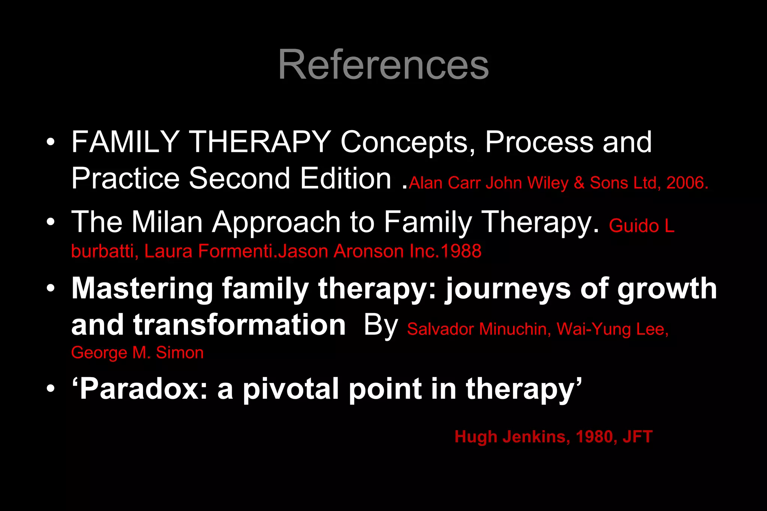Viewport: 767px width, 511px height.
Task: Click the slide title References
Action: pyautogui.click(x=383, y=64)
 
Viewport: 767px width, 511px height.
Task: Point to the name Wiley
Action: pyautogui.click(x=548, y=183)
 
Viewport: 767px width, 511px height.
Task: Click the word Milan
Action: pyautogui.click(x=167, y=222)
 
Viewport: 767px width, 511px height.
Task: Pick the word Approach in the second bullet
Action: pyautogui.click(x=276, y=223)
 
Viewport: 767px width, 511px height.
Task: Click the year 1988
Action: pyautogui.click(x=461, y=251)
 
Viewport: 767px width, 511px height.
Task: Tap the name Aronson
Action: pyautogui.click(x=368, y=251)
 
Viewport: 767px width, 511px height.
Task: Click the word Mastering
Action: pyautogui.click(x=142, y=289)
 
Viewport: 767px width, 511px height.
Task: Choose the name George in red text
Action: pyautogui.click(x=99, y=353)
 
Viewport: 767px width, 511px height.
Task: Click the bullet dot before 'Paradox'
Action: pyautogui.click(x=51, y=389)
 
